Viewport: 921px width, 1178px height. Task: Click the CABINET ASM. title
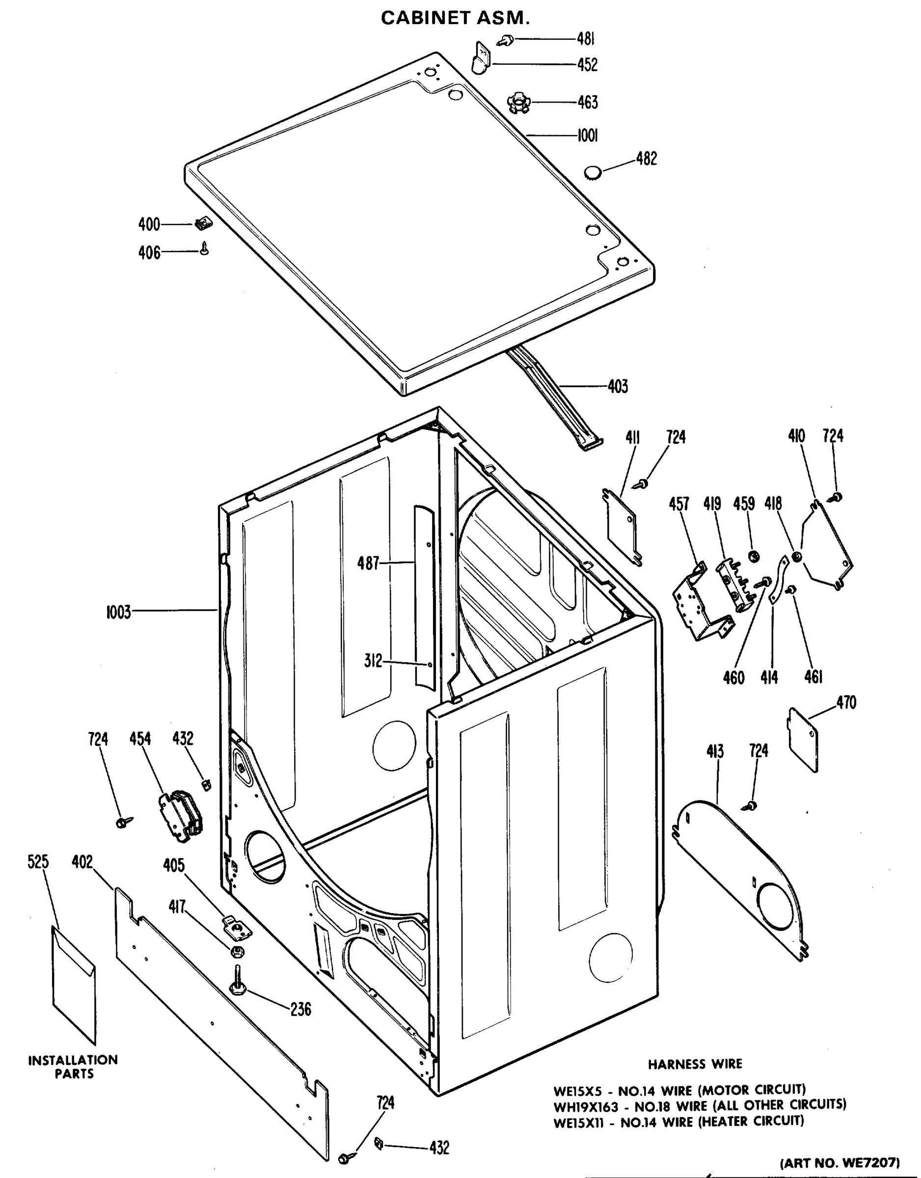pos(455,18)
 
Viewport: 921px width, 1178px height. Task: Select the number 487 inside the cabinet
pos(369,563)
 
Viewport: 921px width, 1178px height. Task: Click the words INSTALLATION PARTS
pos(73,1067)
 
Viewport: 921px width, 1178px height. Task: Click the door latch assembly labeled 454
pos(181,814)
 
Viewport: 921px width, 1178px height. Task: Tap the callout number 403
pos(617,386)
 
